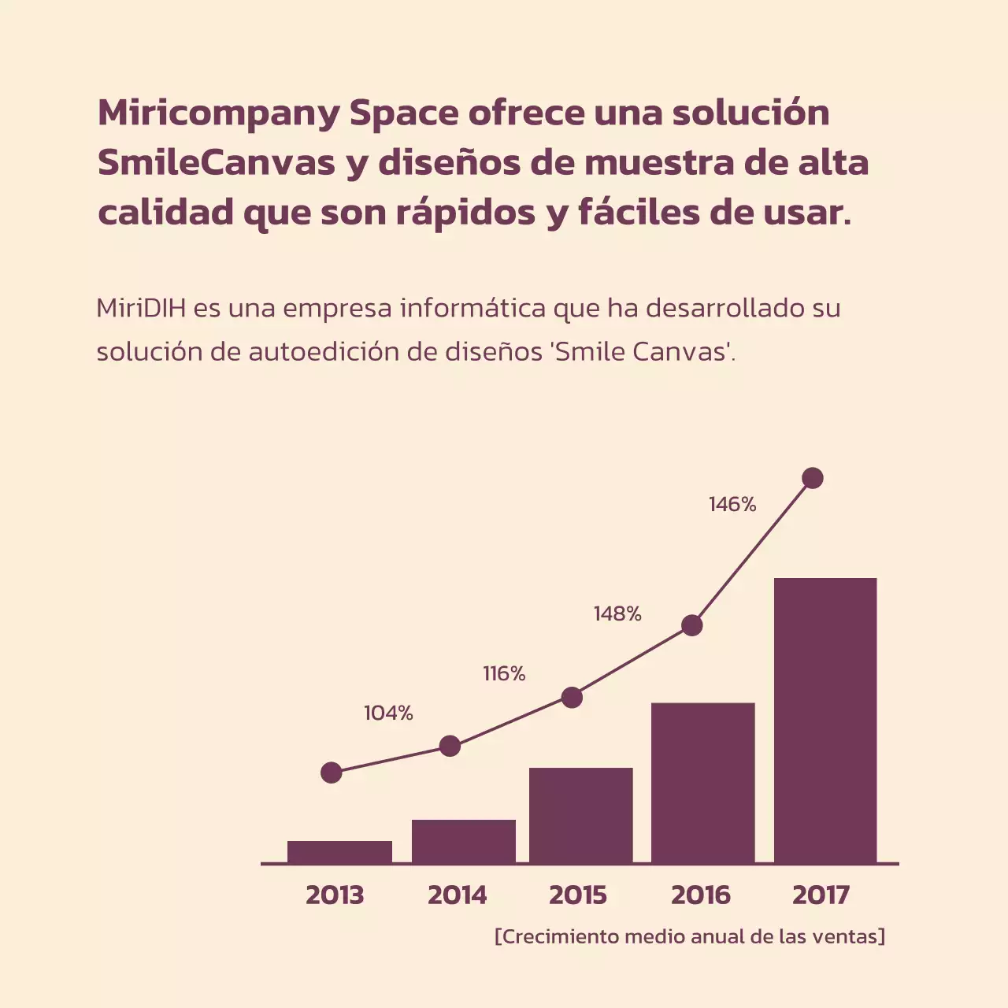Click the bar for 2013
pyautogui.click(x=339, y=852)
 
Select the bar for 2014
pyautogui.click(x=463, y=841)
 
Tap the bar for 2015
pyautogui.click(x=580, y=815)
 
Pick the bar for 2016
pyautogui.click(x=702, y=783)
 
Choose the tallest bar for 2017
pyautogui.click(x=825, y=721)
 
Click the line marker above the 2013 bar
pyautogui.click(x=332, y=773)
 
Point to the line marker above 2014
pyautogui.click(x=450, y=746)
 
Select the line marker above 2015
pyautogui.click(x=572, y=697)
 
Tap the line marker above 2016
pyautogui.click(x=691, y=625)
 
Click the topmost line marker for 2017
pyautogui.click(x=812, y=478)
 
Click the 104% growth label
pyautogui.click(x=388, y=713)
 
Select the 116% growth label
pyautogui.click(x=504, y=674)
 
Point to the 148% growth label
pyautogui.click(x=617, y=614)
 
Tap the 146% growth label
pyautogui.click(x=732, y=505)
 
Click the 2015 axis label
pyautogui.click(x=578, y=895)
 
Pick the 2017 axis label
pyautogui.click(x=821, y=895)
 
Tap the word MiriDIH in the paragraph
pyautogui.click(x=141, y=308)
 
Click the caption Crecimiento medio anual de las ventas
pyautogui.click(x=690, y=936)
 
